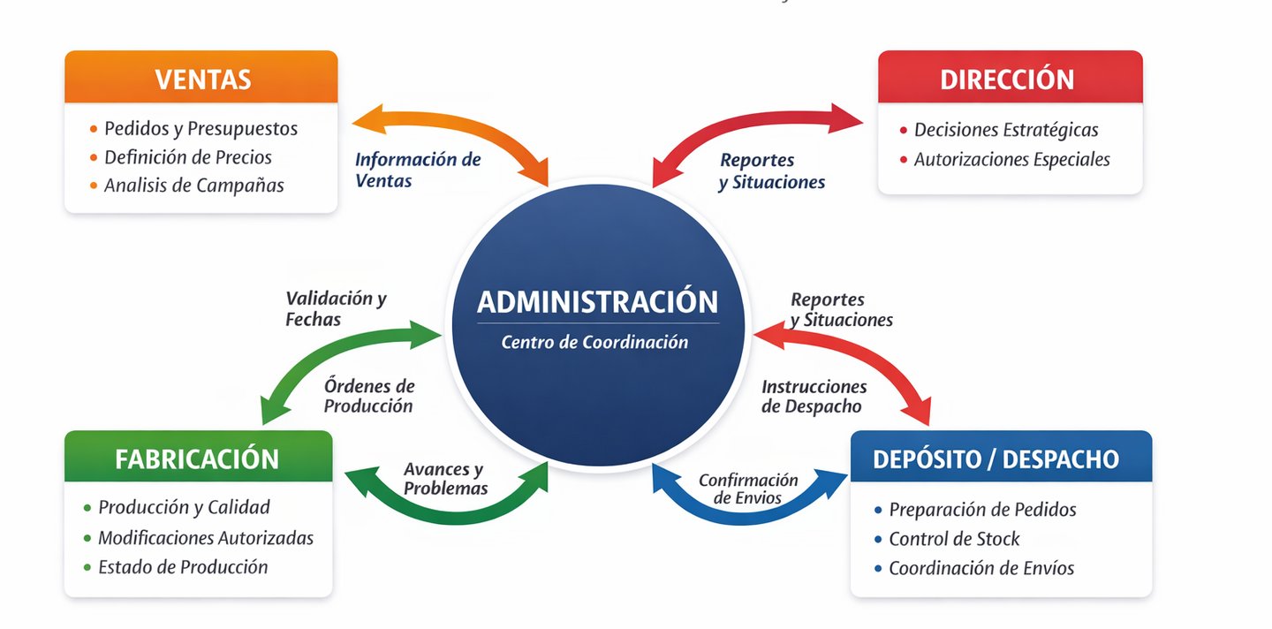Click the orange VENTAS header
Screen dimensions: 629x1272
click(x=202, y=79)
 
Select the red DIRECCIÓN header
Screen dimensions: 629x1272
click(x=1007, y=79)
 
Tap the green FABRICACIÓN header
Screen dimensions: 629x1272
click(x=197, y=458)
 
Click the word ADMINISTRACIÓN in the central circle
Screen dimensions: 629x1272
click(x=597, y=302)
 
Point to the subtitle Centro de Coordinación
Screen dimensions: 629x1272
click(x=594, y=342)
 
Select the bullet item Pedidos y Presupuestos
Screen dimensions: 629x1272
click(x=201, y=129)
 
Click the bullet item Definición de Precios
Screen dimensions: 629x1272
click(x=187, y=157)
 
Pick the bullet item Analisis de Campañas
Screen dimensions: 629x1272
click(x=193, y=186)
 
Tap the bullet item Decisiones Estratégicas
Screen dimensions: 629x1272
click(x=1006, y=130)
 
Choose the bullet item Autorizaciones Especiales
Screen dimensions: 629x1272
click(x=1011, y=160)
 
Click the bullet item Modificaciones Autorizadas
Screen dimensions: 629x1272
click(x=206, y=538)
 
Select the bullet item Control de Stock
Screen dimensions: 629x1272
click(x=954, y=539)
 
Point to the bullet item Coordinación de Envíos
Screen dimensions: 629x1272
click(x=981, y=568)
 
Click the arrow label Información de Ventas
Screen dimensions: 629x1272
click(x=417, y=170)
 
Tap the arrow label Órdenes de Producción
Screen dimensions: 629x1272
click(x=368, y=396)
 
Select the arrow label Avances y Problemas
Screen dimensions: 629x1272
click(x=445, y=478)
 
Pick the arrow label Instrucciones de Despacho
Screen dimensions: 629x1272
click(x=814, y=397)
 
